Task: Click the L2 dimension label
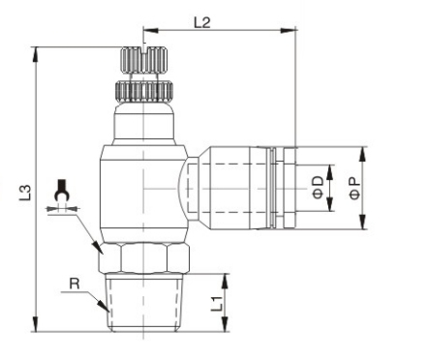coord(202,22)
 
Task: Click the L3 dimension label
coord(25,193)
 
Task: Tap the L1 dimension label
coord(217,304)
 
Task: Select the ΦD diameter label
coord(319,188)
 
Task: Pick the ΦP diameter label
coord(354,188)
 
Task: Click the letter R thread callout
coord(75,284)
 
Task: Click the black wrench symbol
coord(61,191)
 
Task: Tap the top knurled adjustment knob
coord(144,60)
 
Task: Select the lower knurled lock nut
coord(144,91)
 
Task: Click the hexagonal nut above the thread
coord(144,258)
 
